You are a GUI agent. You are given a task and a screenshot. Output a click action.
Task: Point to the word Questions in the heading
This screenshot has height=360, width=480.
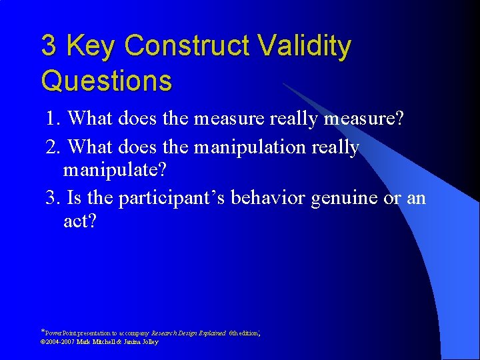point(107,81)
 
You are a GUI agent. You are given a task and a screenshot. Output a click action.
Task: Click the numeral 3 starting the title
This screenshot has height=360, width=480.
point(49,47)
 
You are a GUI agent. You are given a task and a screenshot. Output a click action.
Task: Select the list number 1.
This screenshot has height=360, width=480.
point(53,119)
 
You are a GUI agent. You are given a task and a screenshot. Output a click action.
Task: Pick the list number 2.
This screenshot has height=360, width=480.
point(53,146)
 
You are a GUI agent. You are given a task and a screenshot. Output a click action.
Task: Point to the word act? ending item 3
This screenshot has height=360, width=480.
point(80,221)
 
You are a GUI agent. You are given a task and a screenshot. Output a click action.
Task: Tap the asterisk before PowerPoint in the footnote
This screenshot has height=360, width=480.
point(43,331)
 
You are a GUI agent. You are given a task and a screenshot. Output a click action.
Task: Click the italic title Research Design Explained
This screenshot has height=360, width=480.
point(189,332)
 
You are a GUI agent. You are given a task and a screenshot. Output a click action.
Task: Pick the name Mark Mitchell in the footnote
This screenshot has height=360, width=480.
point(97,342)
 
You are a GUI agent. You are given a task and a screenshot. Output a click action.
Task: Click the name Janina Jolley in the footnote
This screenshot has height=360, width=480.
point(141,342)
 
